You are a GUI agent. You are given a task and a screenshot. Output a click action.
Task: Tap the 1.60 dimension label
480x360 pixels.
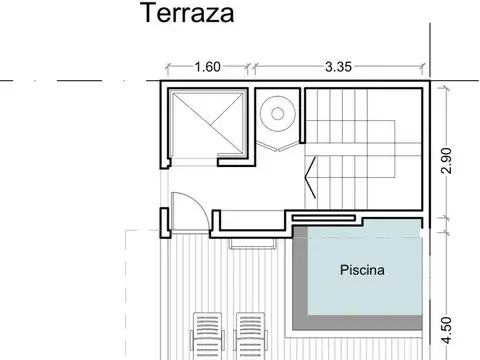click(207, 67)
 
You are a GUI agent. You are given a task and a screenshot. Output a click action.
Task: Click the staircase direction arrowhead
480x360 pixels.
click(310, 184)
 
